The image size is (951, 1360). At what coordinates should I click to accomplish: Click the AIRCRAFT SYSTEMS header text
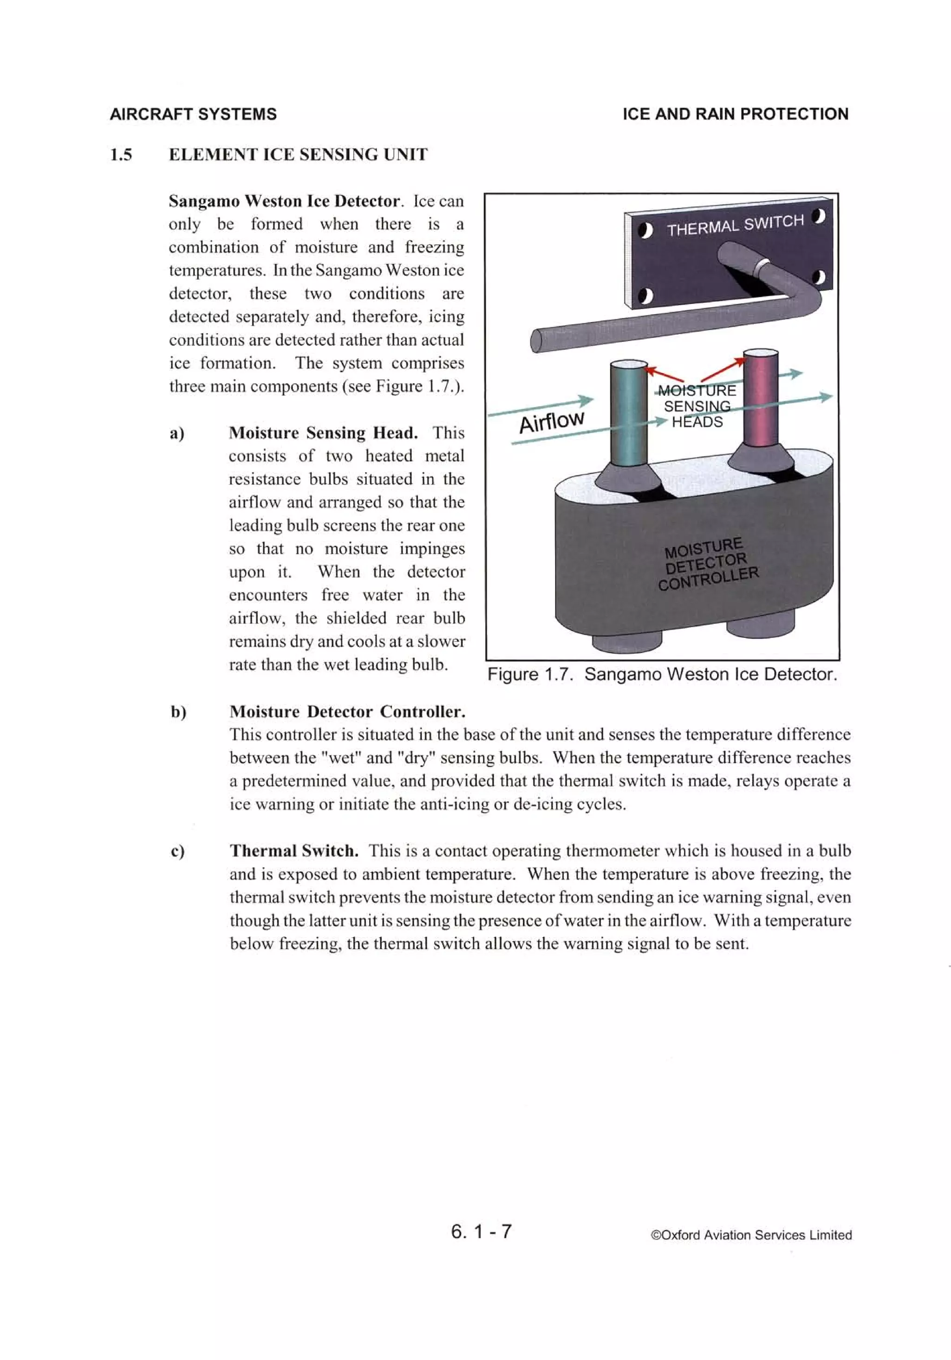[193, 114]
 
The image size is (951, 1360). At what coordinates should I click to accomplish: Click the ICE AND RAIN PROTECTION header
[735, 114]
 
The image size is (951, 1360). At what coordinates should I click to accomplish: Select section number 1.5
[121, 155]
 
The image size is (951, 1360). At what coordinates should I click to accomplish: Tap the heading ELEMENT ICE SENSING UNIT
[298, 155]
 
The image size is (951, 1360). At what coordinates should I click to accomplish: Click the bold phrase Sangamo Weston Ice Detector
[284, 201]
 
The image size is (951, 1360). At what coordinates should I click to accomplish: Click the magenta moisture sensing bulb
[760, 403]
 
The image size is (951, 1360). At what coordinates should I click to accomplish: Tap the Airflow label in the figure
[551, 422]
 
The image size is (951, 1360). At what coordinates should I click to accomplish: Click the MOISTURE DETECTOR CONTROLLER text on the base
[708, 564]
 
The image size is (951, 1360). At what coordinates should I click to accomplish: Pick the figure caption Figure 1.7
[662, 674]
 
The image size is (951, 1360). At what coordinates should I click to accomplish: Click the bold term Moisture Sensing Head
[323, 433]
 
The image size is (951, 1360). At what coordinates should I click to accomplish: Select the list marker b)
[178, 712]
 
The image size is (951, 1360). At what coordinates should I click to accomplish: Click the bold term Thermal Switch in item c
[294, 851]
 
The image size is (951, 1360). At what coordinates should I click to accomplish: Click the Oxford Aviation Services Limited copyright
[751, 1235]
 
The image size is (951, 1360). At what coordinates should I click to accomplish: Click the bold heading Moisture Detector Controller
[347, 712]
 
